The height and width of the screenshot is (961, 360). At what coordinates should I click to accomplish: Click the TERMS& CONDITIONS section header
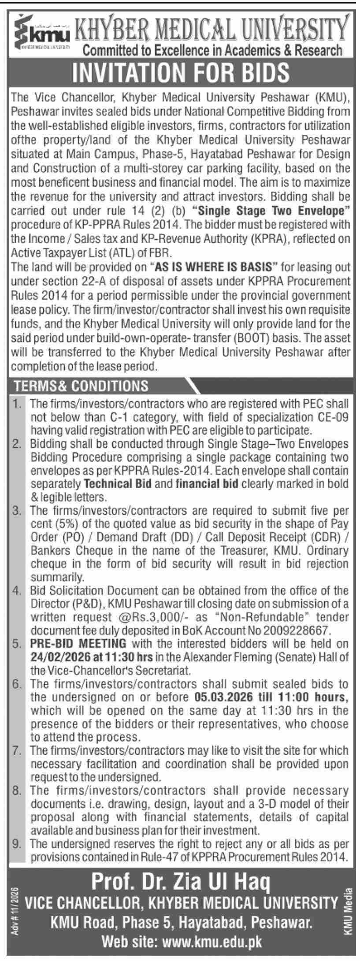click(x=82, y=386)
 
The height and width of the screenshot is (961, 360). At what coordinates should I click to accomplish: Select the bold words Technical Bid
click(x=118, y=484)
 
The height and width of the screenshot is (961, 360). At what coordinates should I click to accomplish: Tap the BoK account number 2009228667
click(x=295, y=630)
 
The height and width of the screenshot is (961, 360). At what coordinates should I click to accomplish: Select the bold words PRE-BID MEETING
click(x=78, y=644)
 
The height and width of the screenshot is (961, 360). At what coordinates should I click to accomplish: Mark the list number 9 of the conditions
click(x=17, y=843)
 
